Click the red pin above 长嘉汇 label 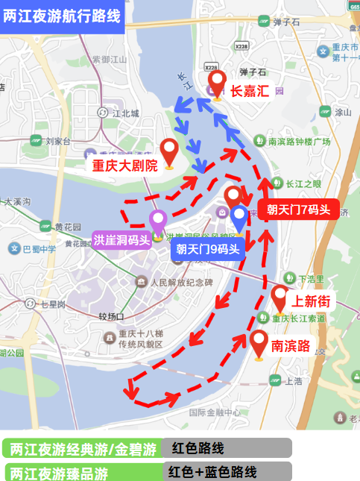click(217, 82)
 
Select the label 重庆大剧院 click(124, 166)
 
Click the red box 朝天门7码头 click(298, 210)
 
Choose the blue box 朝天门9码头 click(208, 249)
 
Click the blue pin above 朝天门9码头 click(239, 219)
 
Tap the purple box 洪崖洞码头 click(121, 240)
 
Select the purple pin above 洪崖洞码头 click(158, 222)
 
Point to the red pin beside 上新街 click(280, 298)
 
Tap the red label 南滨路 click(290, 345)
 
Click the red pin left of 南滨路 click(259, 343)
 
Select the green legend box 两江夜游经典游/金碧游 click(83, 449)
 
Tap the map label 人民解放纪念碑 click(181, 283)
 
